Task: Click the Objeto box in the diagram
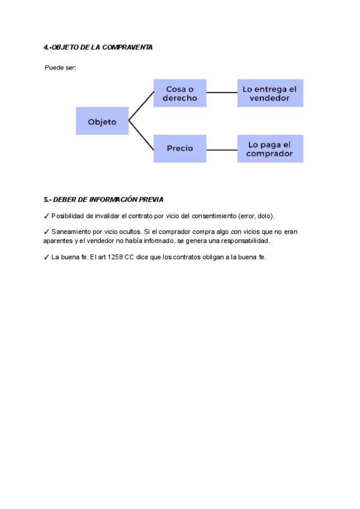pos(102,121)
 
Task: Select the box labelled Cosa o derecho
pos(180,93)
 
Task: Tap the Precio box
pos(180,148)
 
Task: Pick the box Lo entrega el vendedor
pos(270,93)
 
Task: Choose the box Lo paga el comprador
pos(270,148)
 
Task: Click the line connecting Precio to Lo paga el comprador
pos(222,148)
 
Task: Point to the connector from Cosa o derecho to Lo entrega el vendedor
pos(222,93)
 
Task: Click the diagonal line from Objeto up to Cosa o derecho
pos(141,107)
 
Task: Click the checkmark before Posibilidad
pos(46,215)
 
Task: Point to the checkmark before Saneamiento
pos(46,231)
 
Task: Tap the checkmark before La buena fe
pos(46,258)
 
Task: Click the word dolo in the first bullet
pos(265,215)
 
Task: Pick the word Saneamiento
pos(70,231)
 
